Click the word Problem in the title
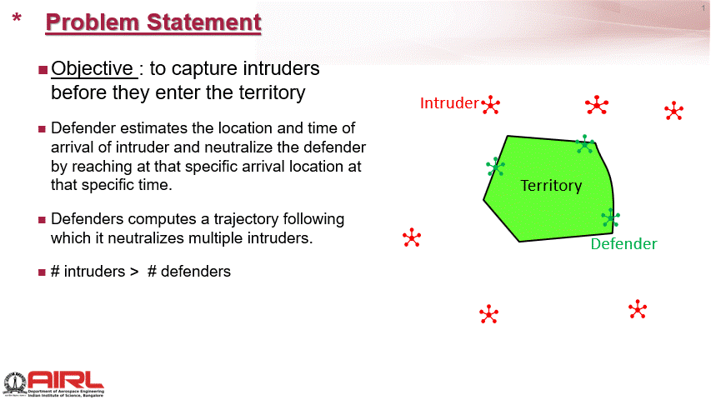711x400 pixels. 92,22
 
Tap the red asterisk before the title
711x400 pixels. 17,18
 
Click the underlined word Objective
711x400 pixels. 92,68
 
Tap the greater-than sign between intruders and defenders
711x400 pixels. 133,272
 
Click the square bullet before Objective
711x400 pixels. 43,70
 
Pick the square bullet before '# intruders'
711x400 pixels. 43,272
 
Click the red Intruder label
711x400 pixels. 449,103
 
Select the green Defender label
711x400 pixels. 623,244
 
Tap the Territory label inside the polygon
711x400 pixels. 551,186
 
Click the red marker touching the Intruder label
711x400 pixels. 491,105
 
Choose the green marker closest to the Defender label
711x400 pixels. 611,217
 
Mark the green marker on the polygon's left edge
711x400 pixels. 495,167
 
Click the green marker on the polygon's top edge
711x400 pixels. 585,144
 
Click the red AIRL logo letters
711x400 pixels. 66,380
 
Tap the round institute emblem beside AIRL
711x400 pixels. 15,383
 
